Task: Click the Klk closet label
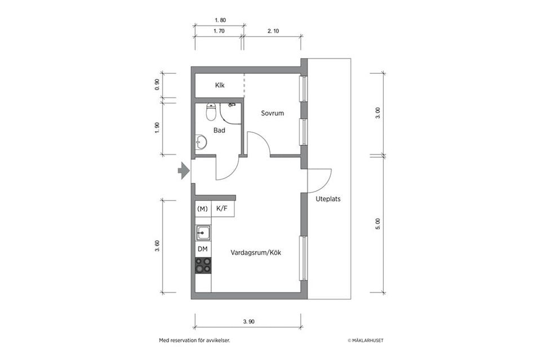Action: pos(220,85)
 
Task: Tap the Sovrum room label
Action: pos(272,113)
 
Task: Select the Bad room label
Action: pos(219,130)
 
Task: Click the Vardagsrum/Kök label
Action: pos(256,252)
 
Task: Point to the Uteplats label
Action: pos(328,199)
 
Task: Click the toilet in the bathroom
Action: pos(211,112)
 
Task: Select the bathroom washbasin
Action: pos(201,141)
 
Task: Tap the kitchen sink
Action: pos(203,233)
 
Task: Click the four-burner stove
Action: pos(203,266)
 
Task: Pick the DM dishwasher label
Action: pos(202,248)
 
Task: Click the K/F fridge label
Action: pos(222,208)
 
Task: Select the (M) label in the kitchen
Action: pos(202,208)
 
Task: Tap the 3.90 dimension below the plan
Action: pos(249,322)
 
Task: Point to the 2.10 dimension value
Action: pos(273,31)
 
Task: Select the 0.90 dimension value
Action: pos(157,85)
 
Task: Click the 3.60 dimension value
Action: pos(157,246)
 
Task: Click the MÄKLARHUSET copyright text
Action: pos(365,340)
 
